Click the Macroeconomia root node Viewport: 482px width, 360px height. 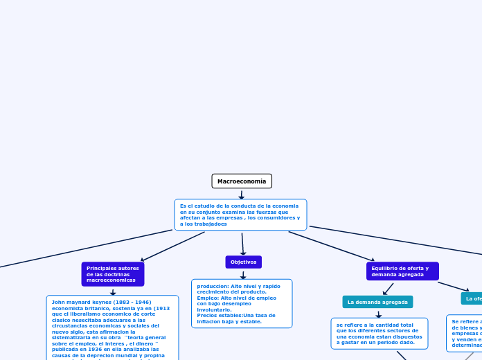click(242, 181)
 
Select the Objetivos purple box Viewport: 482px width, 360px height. click(243, 262)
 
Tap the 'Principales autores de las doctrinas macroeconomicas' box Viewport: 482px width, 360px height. click(113, 274)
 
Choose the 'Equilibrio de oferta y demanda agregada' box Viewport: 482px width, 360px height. click(402, 271)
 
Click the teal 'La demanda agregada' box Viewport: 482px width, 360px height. click(377, 302)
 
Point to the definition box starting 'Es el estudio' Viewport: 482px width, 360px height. click(240, 215)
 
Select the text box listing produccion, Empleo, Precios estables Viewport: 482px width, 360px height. click(242, 303)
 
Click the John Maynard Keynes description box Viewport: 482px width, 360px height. click(112, 329)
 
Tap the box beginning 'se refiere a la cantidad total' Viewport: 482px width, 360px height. click(379, 334)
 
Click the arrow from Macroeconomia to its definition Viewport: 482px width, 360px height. click(242, 195)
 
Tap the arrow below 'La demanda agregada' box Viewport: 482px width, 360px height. click(378, 314)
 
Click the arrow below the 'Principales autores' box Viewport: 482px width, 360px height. click(113, 292)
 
